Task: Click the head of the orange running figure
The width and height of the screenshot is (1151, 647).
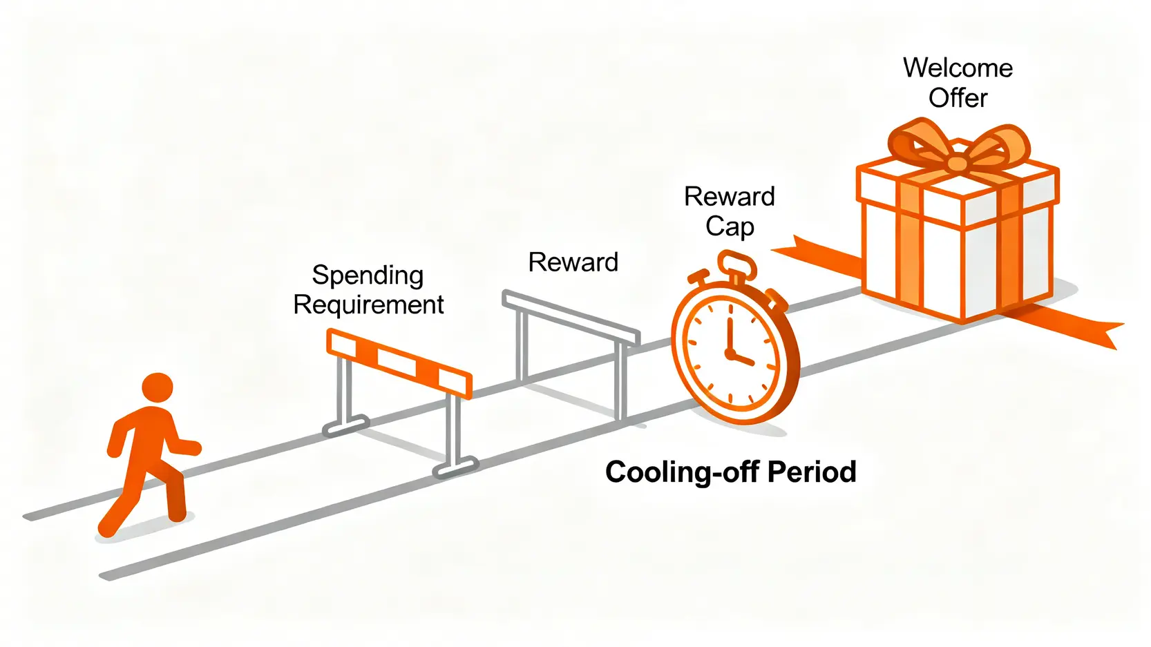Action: [x=158, y=387]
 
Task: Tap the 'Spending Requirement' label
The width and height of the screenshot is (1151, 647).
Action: [x=368, y=290]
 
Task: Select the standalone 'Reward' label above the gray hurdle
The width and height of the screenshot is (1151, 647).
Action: [x=573, y=262]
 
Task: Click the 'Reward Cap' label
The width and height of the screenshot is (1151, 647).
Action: [x=729, y=211]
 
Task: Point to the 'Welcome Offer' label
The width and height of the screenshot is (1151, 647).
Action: [x=958, y=83]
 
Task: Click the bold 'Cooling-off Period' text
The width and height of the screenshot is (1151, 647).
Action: [x=730, y=472]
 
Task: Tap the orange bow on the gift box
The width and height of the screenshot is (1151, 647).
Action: [x=957, y=150]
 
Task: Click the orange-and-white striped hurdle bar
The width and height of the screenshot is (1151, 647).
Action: [x=399, y=363]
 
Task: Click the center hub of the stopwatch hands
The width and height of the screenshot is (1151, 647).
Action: [x=730, y=354]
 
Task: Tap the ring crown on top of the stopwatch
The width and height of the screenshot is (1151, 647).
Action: [x=736, y=263]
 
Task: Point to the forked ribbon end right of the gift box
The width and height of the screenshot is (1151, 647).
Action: [x=1092, y=333]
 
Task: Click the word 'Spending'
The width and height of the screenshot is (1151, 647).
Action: [x=368, y=276]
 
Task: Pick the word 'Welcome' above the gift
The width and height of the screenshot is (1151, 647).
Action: [x=958, y=68]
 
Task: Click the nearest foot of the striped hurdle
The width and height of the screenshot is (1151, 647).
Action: [x=455, y=469]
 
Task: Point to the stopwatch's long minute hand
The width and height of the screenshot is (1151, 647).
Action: [x=729, y=328]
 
